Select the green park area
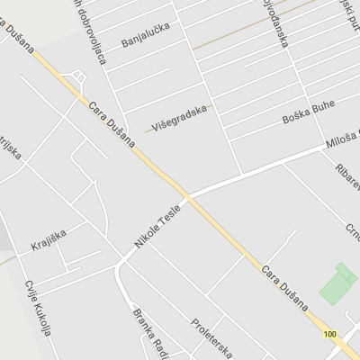pyautogui.click(x=337, y=285)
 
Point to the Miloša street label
pyautogui.click(x=343, y=139)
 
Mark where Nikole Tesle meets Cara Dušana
pyautogui.click(x=187, y=196)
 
